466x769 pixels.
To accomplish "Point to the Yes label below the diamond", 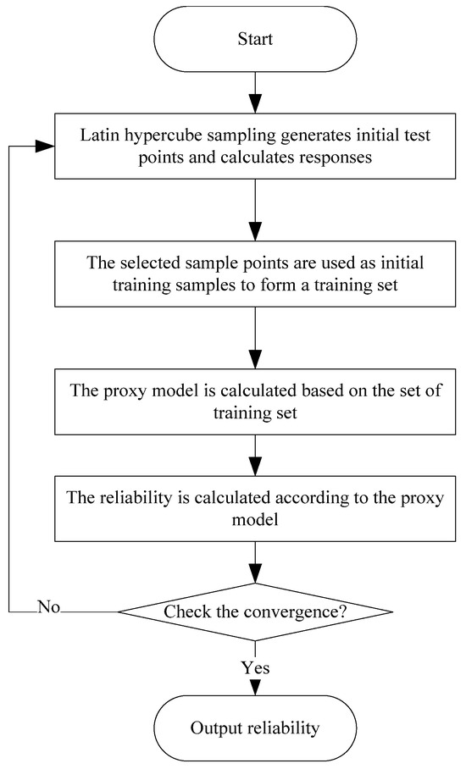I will click(255, 667).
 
